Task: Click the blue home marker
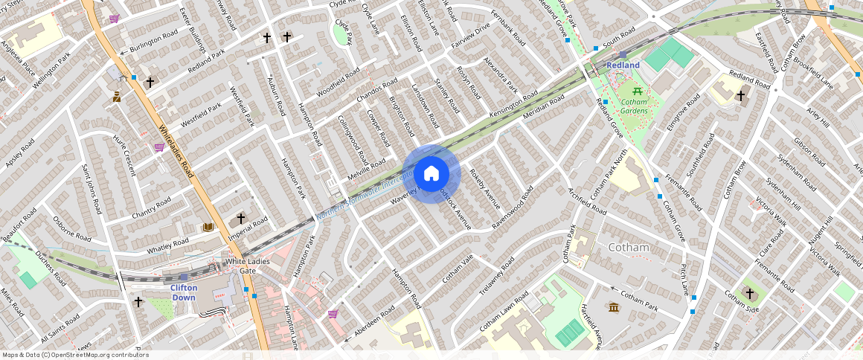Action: [x=431, y=174]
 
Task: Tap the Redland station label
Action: [x=623, y=65]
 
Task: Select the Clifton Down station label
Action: [x=183, y=292]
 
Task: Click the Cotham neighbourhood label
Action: [x=629, y=247]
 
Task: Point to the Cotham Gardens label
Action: [x=634, y=106]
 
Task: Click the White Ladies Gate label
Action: [x=240, y=266]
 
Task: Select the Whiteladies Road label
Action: [x=175, y=152]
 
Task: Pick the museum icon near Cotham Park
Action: [x=613, y=307]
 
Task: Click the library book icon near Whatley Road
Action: [x=208, y=227]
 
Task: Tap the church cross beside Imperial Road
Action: [x=240, y=218]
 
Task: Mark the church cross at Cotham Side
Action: [x=749, y=293]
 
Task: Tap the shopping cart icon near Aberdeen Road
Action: [x=332, y=314]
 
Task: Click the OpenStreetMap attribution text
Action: [x=75, y=355]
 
